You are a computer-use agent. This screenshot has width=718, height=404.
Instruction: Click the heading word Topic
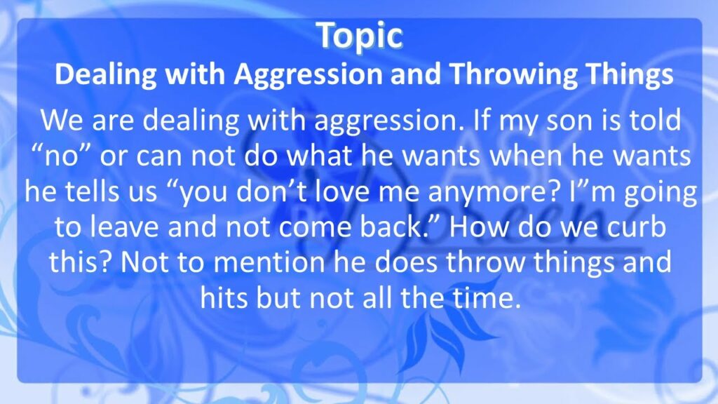tap(360, 36)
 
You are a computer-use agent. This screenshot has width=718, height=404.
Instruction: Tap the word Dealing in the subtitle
tap(106, 74)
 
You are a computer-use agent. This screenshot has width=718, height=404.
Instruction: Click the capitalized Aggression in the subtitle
tap(309, 75)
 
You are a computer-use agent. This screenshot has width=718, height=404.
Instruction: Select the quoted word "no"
tap(62, 156)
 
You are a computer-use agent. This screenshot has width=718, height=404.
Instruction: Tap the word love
tap(345, 191)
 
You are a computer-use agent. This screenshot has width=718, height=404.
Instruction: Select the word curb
tap(637, 227)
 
